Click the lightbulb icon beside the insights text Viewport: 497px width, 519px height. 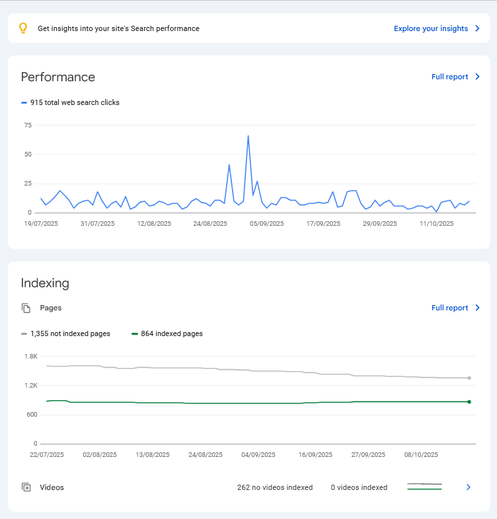[23, 28]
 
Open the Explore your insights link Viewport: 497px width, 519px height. [431, 28]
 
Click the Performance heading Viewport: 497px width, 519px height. [58, 77]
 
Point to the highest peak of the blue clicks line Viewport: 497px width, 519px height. [248, 136]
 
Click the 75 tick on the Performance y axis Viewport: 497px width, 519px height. [28, 125]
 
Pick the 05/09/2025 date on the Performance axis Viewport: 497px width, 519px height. [266, 224]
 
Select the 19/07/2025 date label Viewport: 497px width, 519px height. [41, 224]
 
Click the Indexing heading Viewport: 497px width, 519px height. [45, 283]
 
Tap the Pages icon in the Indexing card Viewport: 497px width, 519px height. [26, 308]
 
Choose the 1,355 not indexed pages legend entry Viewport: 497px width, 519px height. [70, 334]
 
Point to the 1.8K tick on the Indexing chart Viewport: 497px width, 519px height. [30, 357]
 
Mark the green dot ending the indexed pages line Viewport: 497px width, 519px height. [469, 401]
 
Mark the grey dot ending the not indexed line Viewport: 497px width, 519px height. [469, 378]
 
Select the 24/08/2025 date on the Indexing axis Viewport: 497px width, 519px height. [206, 455]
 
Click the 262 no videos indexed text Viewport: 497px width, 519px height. [275, 488]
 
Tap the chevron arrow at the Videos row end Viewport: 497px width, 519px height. [469, 487]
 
